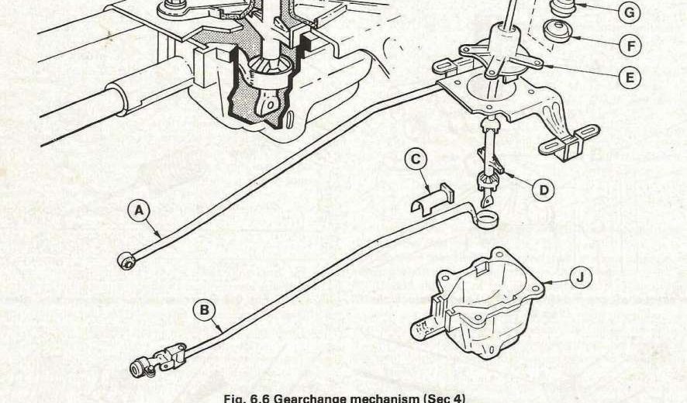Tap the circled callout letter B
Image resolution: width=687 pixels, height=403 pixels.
click(204, 311)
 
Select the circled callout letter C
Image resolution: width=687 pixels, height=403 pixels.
click(416, 160)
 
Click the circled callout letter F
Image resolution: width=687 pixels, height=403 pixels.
click(632, 45)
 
